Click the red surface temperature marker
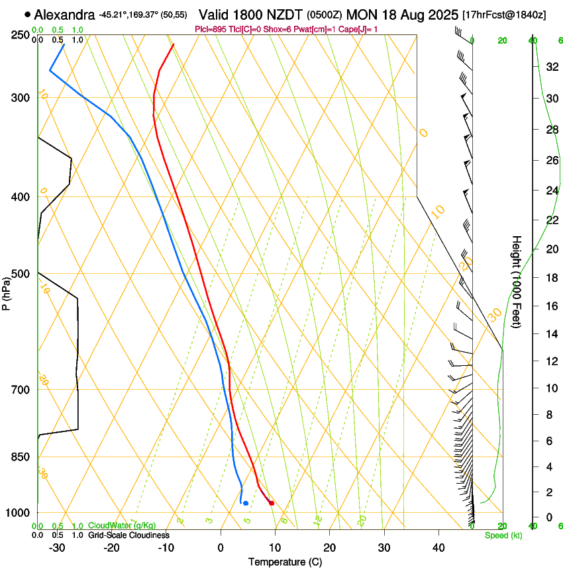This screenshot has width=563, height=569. (x=272, y=503)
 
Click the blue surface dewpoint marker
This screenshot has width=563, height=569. (x=246, y=503)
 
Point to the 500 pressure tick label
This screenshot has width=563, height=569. (x=21, y=274)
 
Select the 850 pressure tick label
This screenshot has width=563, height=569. (x=21, y=457)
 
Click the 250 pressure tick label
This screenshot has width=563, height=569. (x=21, y=35)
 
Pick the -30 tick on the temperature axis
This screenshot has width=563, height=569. (x=57, y=548)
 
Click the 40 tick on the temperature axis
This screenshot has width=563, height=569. (x=438, y=548)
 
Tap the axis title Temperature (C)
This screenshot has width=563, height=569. (x=285, y=562)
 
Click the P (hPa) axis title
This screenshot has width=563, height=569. (x=7, y=291)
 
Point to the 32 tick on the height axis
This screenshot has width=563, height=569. (x=551, y=67)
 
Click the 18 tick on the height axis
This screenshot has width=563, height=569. (x=551, y=278)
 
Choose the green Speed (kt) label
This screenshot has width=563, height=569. (x=503, y=535)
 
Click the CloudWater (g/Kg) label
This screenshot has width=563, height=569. (x=123, y=526)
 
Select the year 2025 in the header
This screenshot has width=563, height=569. (x=440, y=14)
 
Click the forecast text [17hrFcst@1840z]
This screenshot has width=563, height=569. (x=504, y=15)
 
